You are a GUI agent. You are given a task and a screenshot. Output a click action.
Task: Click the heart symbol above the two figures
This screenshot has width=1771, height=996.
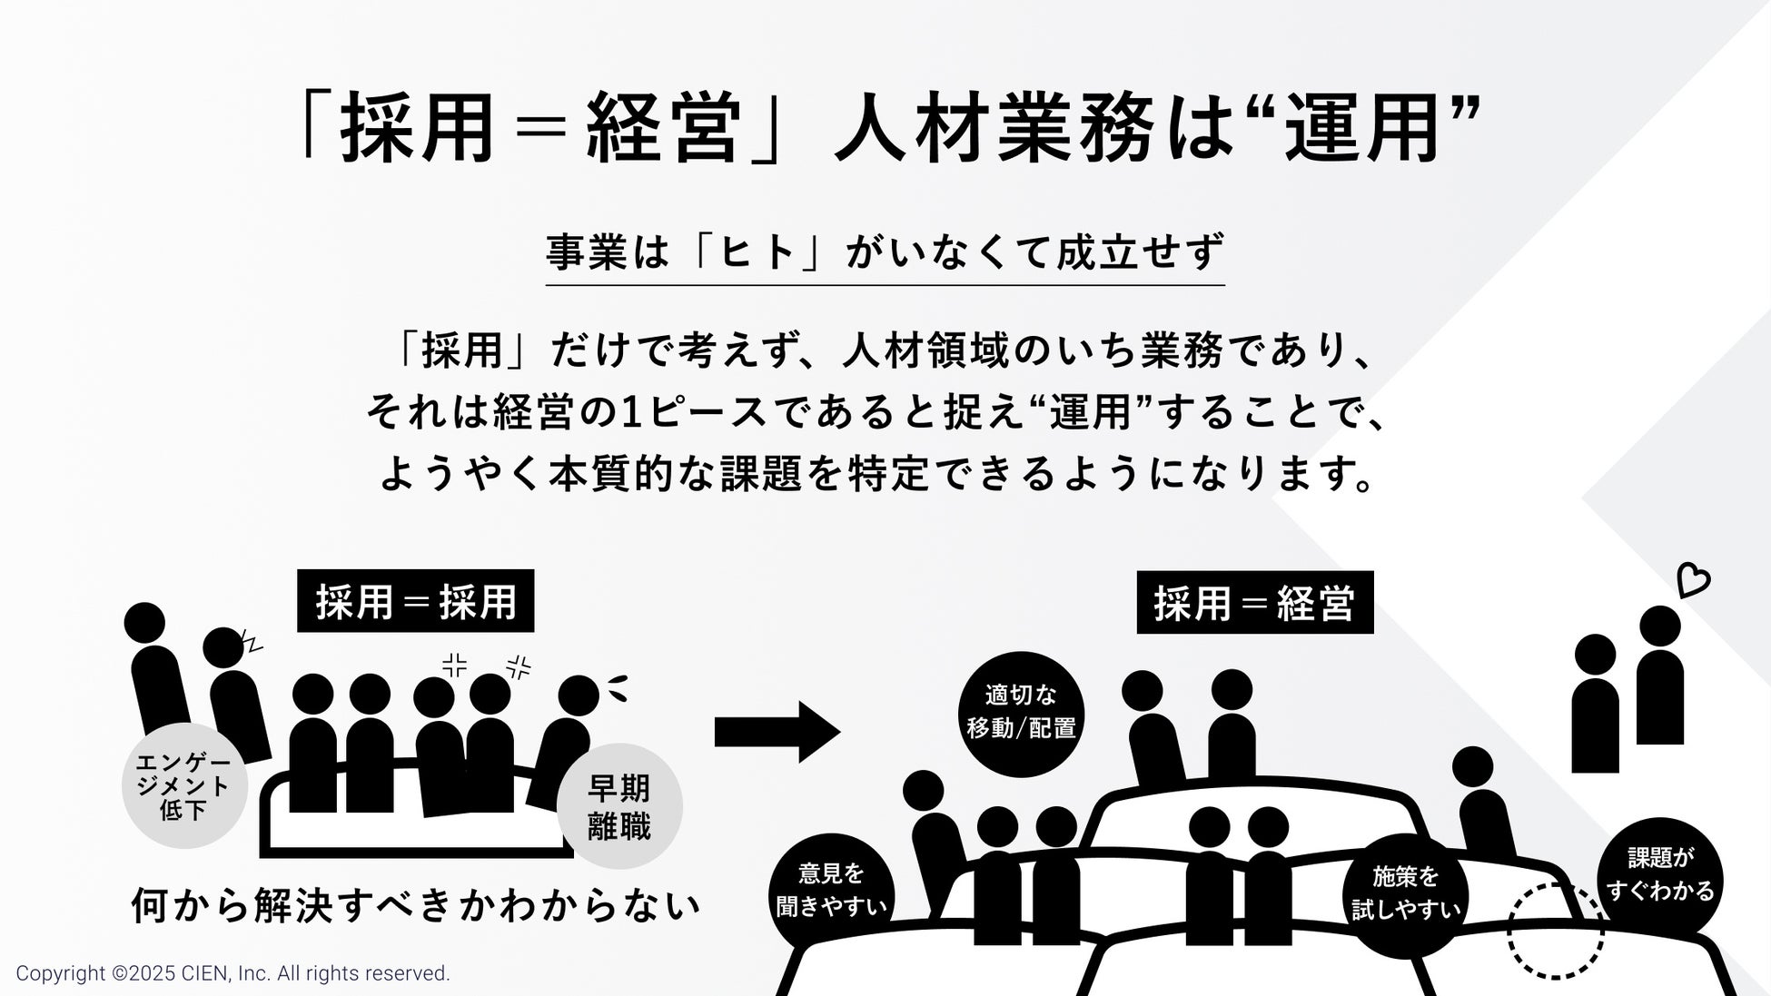pyautogui.click(x=1693, y=580)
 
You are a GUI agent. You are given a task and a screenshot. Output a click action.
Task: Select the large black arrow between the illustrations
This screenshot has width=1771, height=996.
pyautogui.click(x=777, y=731)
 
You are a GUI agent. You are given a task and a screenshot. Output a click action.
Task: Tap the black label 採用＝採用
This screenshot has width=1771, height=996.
pyautogui.click(x=416, y=601)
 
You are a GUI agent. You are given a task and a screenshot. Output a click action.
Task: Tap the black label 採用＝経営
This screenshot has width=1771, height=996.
pyautogui.click(x=1254, y=603)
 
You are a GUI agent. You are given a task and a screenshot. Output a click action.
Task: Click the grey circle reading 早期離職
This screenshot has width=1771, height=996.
pyautogui.click(x=619, y=806)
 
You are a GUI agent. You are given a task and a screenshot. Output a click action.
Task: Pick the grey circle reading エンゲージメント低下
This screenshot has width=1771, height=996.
pyautogui.click(x=184, y=786)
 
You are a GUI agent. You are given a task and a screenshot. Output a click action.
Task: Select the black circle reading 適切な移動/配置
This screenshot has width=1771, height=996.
pyautogui.click(x=1021, y=714)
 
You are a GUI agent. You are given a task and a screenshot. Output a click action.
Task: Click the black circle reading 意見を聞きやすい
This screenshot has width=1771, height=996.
pyautogui.click(x=831, y=892)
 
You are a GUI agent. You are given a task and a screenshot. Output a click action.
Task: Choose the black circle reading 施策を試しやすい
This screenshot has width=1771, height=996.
pyautogui.click(x=1405, y=894)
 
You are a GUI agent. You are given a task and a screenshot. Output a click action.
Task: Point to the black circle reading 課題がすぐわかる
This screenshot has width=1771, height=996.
pyautogui.click(x=1659, y=875)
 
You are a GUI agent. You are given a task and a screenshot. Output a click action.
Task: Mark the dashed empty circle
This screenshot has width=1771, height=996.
pyautogui.click(x=1555, y=932)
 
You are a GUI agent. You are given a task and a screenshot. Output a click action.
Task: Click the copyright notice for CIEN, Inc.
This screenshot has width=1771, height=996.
pyautogui.click(x=233, y=973)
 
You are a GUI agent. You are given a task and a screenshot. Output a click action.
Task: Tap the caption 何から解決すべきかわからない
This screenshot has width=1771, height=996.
pyautogui.click(x=416, y=904)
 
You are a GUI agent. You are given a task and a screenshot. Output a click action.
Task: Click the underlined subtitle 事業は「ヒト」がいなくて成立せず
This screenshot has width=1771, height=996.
pyautogui.click(x=885, y=252)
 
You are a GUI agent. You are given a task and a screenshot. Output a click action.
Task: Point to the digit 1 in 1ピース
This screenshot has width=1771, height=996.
pyautogui.click(x=634, y=413)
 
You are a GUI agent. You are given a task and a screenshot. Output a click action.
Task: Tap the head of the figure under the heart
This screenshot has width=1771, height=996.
pyautogui.click(x=1660, y=626)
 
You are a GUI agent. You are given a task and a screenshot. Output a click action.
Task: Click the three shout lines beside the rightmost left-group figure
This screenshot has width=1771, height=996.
pyautogui.click(x=617, y=687)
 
